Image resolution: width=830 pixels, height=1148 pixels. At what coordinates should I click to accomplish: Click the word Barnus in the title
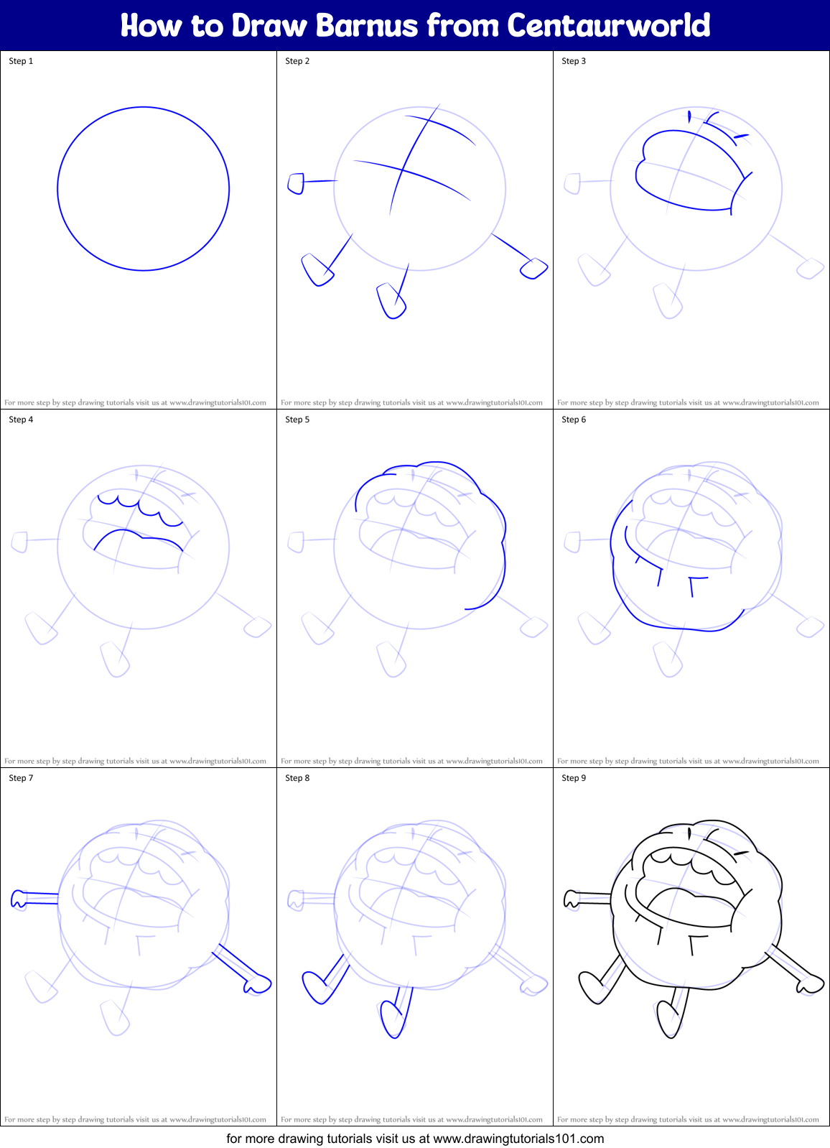pyautogui.click(x=366, y=26)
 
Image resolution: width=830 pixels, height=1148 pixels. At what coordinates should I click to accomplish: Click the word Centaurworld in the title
pyautogui.click(x=609, y=26)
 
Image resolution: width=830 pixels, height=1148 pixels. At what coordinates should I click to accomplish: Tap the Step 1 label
pyautogui.click(x=21, y=61)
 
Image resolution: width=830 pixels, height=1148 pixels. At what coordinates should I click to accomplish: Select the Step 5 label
pyautogui.click(x=297, y=420)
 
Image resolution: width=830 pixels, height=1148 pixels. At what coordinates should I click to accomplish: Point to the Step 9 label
pyautogui.click(x=574, y=778)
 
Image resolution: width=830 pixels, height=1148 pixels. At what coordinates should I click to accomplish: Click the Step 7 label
pyautogui.click(x=21, y=778)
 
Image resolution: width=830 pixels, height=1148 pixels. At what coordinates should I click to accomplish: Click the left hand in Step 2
pyautogui.click(x=295, y=183)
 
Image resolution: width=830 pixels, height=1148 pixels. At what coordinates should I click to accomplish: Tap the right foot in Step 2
pyautogui.click(x=533, y=269)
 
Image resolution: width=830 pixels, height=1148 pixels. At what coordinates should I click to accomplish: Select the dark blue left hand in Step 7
pyautogui.click(x=19, y=899)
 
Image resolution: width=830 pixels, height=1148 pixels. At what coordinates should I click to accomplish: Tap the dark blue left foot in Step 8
pyautogui.click(x=314, y=987)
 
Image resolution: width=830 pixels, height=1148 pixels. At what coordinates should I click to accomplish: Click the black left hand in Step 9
pyautogui.click(x=572, y=899)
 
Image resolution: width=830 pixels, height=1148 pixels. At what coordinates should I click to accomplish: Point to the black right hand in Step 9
pyautogui.click(x=810, y=983)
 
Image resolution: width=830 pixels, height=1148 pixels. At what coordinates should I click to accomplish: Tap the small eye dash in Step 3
pyautogui.click(x=741, y=135)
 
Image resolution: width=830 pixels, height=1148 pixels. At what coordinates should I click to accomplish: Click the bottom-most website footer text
pyautogui.click(x=415, y=1139)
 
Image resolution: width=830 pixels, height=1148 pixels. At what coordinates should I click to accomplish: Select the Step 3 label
pyautogui.click(x=574, y=61)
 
